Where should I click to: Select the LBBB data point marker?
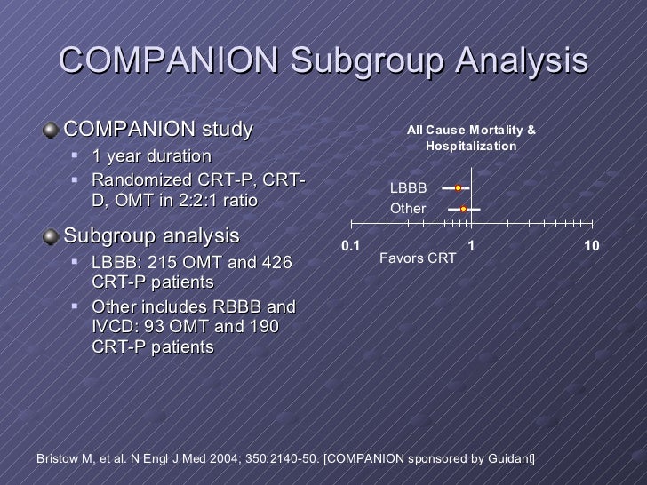click(458, 188)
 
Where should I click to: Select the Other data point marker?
click(464, 209)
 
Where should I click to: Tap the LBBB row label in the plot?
click(409, 188)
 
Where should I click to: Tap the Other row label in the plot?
click(409, 209)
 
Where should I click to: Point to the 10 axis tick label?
click(592, 245)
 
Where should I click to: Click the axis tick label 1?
click(470, 245)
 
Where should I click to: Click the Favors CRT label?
click(418, 258)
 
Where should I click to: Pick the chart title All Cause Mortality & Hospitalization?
click(471, 137)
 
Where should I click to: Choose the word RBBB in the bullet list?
click(237, 307)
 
